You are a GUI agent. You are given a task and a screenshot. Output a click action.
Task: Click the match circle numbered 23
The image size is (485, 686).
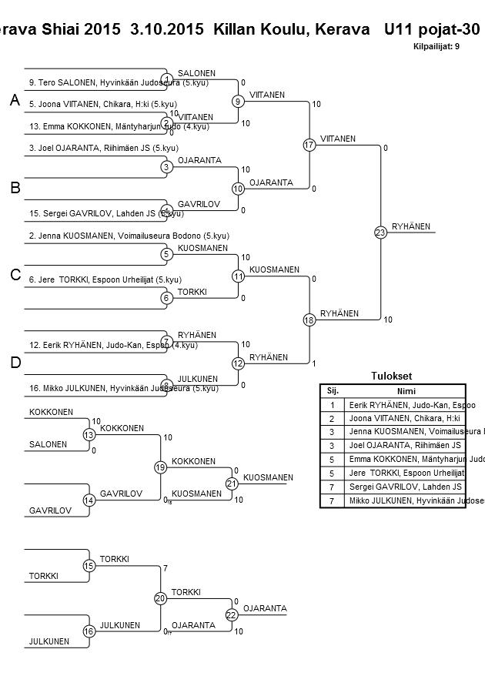[x=380, y=233]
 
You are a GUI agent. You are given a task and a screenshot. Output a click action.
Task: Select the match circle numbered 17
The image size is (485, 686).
[x=309, y=145]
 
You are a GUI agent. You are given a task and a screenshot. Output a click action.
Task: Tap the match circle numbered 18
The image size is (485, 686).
[x=309, y=320]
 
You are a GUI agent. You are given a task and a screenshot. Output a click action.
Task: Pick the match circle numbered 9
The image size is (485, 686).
[x=239, y=101]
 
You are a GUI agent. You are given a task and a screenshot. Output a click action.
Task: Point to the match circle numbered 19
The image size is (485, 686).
[x=161, y=467]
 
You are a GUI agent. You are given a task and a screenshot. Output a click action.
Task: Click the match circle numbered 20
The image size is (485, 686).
[x=161, y=598]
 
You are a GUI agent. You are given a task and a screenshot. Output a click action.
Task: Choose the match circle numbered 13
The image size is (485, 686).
[x=89, y=435]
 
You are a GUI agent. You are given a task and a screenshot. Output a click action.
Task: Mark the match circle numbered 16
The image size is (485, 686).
[x=89, y=631]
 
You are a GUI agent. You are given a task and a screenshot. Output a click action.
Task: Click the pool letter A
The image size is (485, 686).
[x=15, y=101]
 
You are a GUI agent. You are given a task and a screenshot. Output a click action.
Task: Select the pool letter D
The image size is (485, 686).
[x=15, y=363]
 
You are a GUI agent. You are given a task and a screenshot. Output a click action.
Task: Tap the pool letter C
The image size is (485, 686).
[x=15, y=276]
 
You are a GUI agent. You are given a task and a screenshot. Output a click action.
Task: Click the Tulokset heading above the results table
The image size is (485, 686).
[x=391, y=376]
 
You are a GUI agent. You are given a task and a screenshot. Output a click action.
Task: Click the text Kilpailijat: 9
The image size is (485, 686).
[x=436, y=46]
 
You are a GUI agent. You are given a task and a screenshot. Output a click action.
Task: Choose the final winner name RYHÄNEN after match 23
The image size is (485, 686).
[x=411, y=226]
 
